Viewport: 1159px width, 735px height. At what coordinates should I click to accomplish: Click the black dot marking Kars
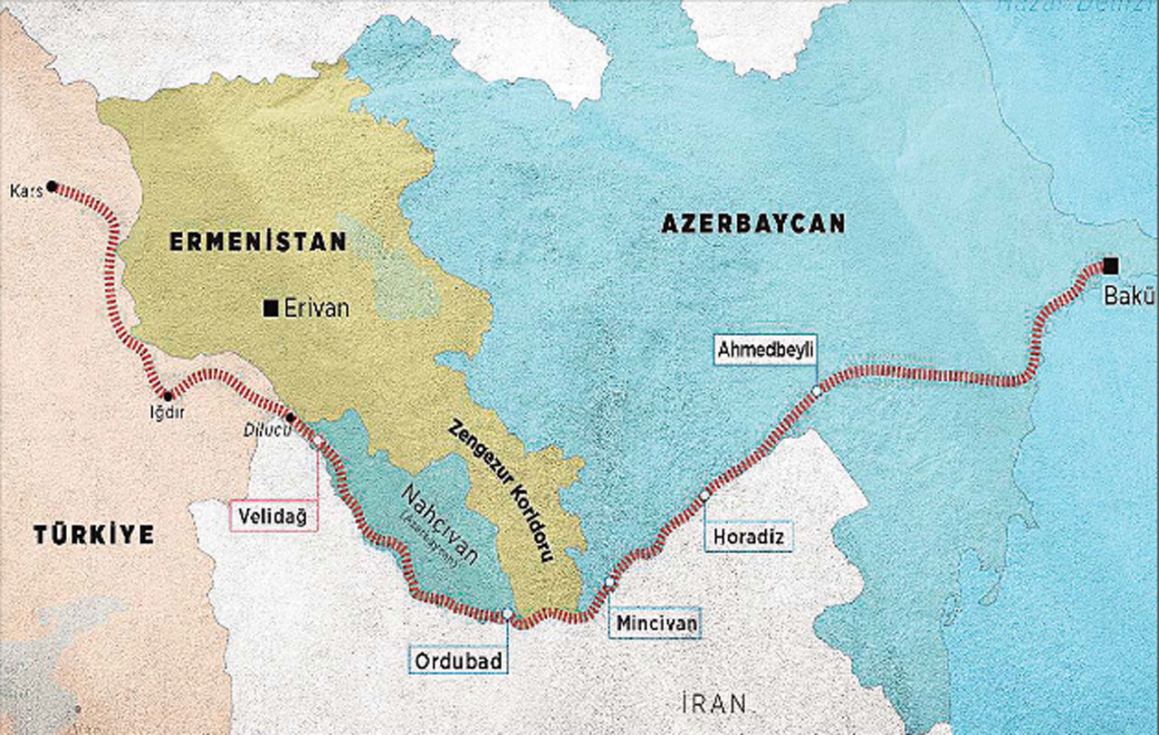(x=52, y=186)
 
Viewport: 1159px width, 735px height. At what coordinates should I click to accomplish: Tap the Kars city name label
(x=25, y=191)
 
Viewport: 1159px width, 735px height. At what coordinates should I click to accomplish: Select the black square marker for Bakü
(x=1110, y=265)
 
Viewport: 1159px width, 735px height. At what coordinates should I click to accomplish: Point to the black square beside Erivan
(x=270, y=309)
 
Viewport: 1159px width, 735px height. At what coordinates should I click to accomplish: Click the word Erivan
(x=316, y=309)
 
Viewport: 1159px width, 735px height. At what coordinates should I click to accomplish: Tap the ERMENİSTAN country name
(x=257, y=242)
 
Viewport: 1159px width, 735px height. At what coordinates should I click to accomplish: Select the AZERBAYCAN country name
(x=752, y=224)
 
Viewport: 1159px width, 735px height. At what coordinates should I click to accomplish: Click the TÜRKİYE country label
(x=94, y=535)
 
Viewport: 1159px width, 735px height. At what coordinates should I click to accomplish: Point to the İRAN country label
(x=714, y=702)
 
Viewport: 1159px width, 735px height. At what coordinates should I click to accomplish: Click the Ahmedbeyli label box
(x=765, y=349)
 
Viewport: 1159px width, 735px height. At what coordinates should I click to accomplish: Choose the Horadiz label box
(x=748, y=537)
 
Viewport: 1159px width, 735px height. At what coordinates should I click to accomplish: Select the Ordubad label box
(x=457, y=659)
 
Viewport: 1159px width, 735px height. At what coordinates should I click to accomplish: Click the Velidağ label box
(x=273, y=516)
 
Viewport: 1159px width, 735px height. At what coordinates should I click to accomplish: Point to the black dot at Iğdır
(x=167, y=396)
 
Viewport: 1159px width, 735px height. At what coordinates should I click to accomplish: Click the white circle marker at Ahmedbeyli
(x=817, y=391)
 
